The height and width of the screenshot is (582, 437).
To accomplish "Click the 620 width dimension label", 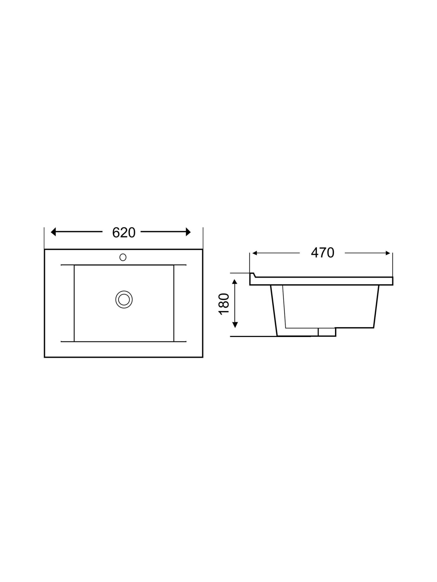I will [x=124, y=233].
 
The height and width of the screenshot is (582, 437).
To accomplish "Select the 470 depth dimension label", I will [x=322, y=253].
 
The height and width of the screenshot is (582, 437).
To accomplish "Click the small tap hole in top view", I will [x=123, y=257].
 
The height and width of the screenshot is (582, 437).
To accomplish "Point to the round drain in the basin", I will [x=124, y=299].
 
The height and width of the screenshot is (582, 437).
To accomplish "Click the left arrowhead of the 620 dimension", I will [x=53, y=232].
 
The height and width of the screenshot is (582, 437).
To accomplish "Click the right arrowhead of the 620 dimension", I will [x=188, y=232].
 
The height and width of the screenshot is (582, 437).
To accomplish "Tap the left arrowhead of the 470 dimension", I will [x=254, y=253].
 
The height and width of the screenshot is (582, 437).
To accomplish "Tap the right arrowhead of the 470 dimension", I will [x=388, y=253].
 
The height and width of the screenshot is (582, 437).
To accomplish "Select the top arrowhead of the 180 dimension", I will [x=235, y=281].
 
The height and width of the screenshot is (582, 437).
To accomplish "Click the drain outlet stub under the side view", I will [x=327, y=332].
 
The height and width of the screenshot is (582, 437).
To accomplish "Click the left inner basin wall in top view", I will [x=74, y=303].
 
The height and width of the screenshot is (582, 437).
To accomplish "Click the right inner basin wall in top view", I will [x=174, y=303].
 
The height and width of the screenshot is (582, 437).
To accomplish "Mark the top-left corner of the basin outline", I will [x=45, y=249].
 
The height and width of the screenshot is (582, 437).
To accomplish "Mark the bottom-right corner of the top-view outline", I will [x=202, y=357].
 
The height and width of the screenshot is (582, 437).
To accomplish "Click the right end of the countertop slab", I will [x=392, y=281].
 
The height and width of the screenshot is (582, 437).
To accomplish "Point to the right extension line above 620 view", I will [x=203, y=237].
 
